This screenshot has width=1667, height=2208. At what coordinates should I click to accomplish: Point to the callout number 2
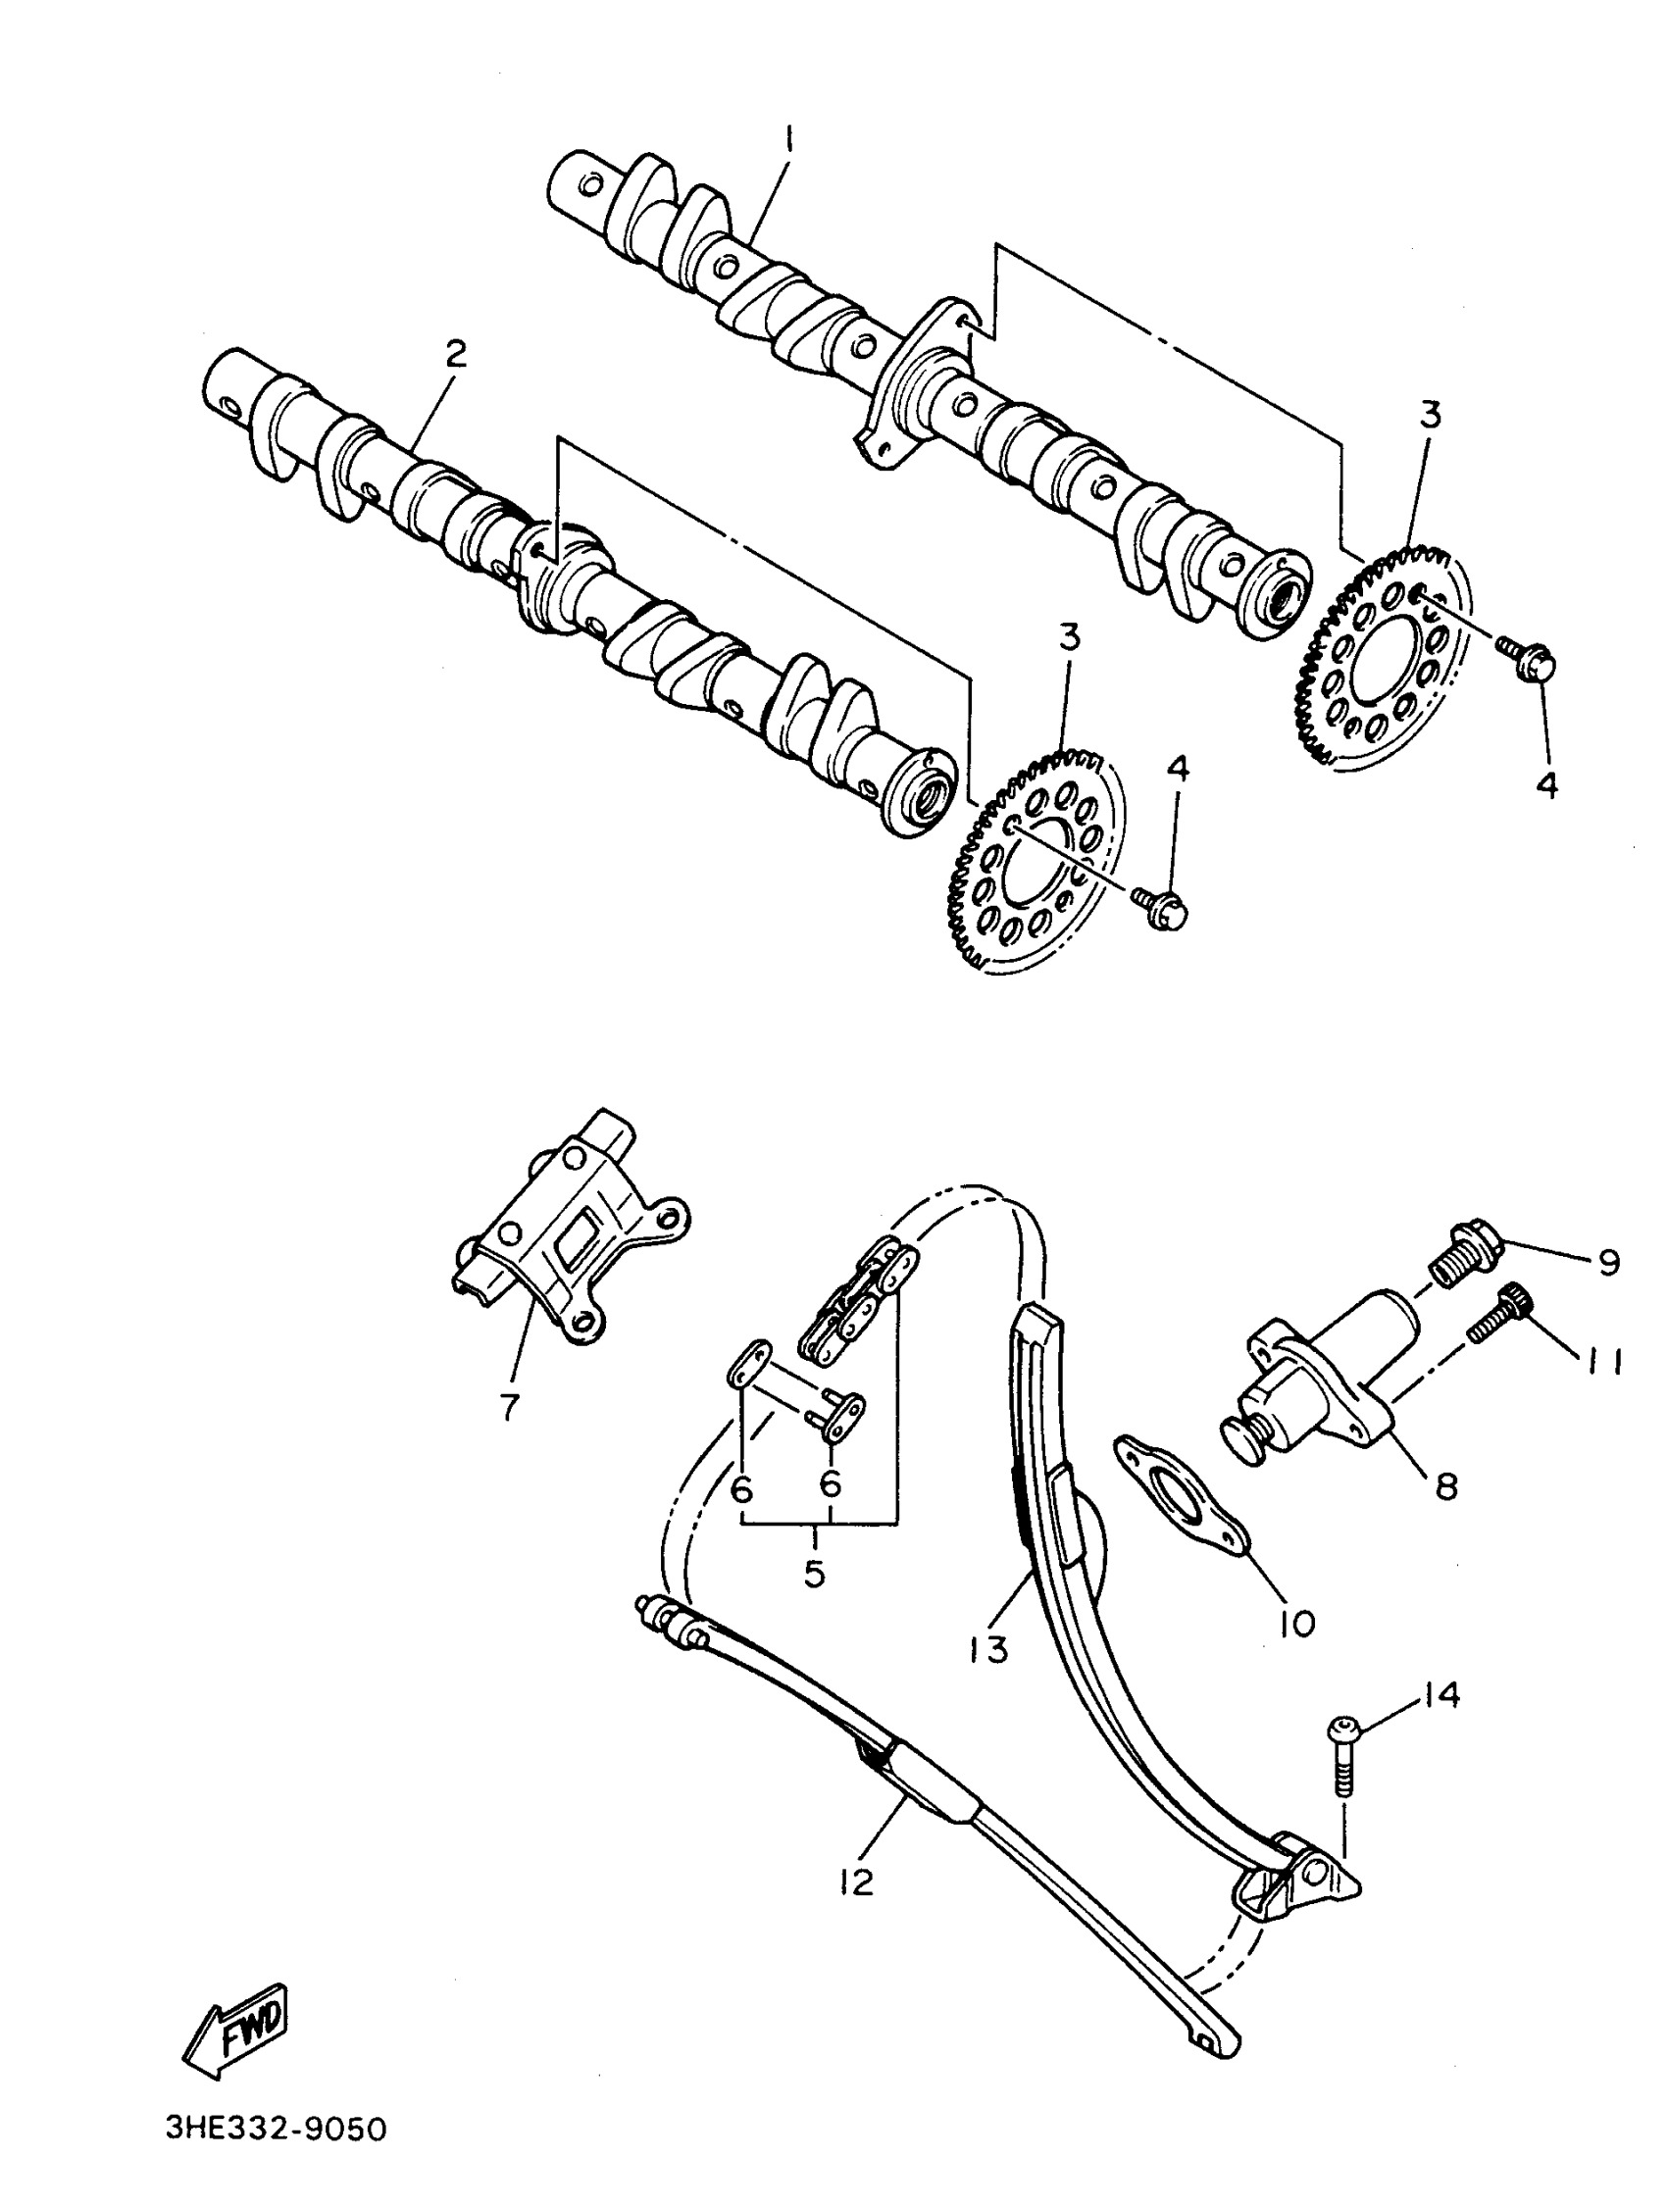click(455, 353)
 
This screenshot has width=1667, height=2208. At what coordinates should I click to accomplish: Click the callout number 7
click(509, 1406)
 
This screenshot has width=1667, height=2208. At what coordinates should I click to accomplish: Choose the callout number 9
click(1607, 1263)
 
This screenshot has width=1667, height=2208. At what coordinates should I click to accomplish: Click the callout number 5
click(815, 1575)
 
